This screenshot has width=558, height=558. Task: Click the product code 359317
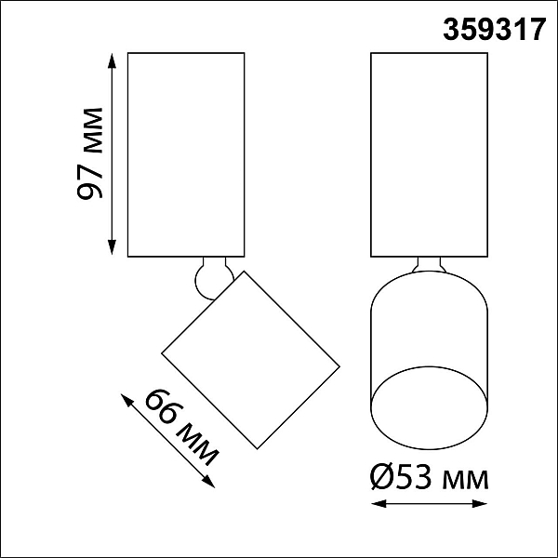494,30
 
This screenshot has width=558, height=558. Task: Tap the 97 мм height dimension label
89,153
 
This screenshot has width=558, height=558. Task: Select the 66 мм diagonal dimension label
182,427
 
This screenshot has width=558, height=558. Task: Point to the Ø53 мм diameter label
429,478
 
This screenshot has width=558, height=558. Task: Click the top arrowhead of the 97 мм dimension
113,60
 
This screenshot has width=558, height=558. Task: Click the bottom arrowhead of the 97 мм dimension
113,247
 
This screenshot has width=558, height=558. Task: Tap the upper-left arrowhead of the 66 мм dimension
126,400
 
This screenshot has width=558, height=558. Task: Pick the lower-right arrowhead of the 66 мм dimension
209,482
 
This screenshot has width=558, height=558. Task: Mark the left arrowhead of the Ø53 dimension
379,503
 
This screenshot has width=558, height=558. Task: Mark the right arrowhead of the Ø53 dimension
479,503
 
